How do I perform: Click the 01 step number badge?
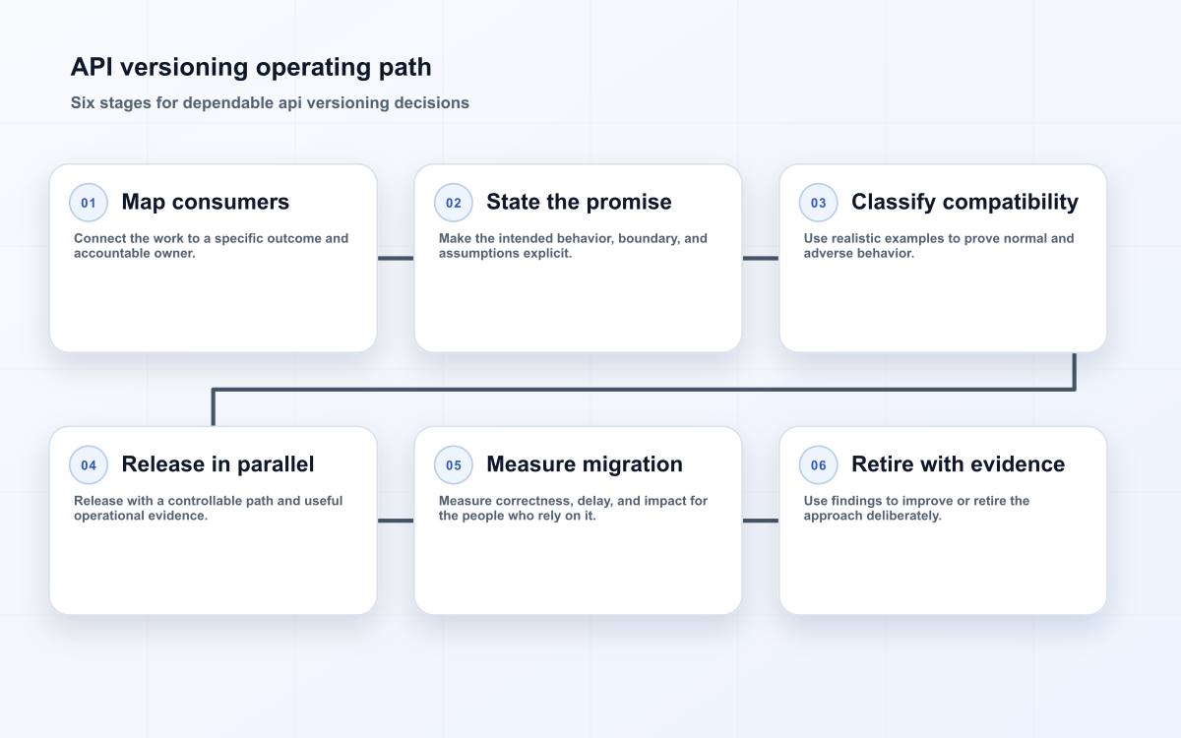tap(89, 203)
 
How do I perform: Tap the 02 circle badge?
tap(454, 203)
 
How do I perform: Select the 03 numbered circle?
tap(818, 203)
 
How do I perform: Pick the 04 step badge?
tap(89, 464)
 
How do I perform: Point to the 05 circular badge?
tap(454, 464)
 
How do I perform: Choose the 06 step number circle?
tap(818, 464)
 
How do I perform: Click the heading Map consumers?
tap(205, 203)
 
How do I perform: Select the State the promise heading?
tap(579, 202)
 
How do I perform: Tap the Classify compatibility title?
tap(964, 203)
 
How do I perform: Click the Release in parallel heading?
tap(218, 464)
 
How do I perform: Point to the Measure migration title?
tap(585, 464)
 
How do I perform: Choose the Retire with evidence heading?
tap(958, 464)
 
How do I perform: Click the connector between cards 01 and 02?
tap(396, 258)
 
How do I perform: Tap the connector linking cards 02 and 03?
tap(760, 258)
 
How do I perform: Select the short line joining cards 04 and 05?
tap(396, 521)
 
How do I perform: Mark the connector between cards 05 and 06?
tap(760, 521)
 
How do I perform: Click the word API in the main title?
tap(92, 68)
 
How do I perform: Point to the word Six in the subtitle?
tap(83, 102)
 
